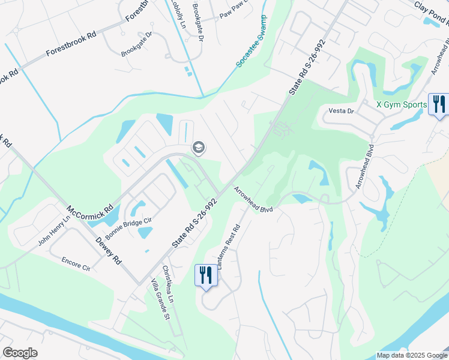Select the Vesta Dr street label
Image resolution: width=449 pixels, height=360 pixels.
(342, 111)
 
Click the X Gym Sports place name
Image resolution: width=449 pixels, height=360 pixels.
(401, 104)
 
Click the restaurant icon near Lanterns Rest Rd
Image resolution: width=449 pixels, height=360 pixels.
(205, 275)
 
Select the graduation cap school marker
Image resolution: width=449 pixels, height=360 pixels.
(197, 148)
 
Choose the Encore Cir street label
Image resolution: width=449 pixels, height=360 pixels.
(76, 264)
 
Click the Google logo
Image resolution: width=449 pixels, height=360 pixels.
(20, 353)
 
